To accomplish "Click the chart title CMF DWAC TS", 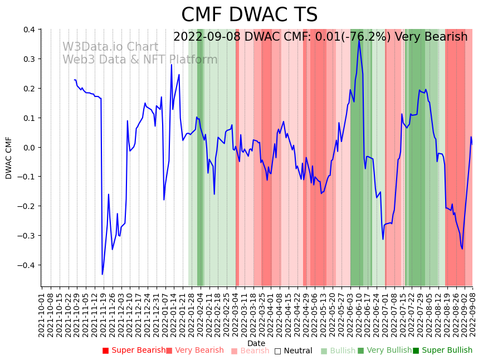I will point(249,15).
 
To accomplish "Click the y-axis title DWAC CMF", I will point(9,158).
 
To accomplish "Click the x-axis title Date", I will point(256,343).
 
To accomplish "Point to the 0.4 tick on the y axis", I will point(28,30).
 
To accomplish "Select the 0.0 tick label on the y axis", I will point(28,148).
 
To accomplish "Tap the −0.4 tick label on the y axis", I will point(26,265).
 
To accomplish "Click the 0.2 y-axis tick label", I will point(28,89).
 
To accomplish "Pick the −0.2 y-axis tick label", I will point(26,206).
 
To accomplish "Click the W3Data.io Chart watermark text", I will point(110,47).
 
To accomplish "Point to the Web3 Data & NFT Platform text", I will point(140,60).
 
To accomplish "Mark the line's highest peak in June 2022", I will point(359,40).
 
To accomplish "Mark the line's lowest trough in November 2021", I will point(102,274).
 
